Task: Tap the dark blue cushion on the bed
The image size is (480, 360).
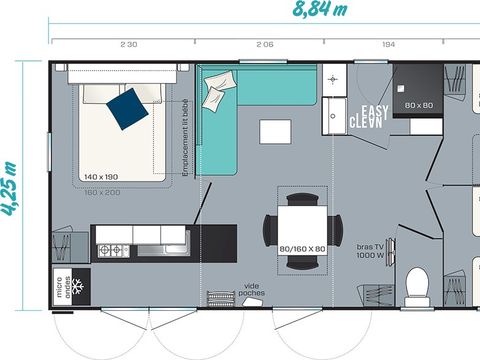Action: click(127, 107)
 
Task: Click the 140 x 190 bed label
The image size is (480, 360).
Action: click(102, 176)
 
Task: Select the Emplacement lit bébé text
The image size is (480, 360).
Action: click(187, 140)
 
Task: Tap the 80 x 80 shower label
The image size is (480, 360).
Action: click(417, 105)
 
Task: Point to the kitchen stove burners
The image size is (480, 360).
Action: click(113, 249)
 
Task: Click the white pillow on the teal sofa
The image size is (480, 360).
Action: click(216, 95)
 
